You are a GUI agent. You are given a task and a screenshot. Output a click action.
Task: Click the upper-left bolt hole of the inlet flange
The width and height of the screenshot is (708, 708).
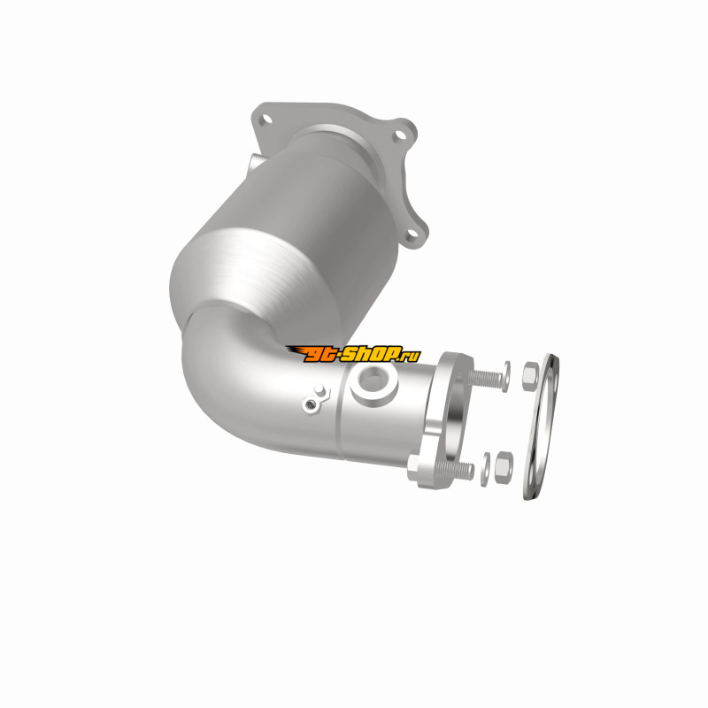tap(267, 119)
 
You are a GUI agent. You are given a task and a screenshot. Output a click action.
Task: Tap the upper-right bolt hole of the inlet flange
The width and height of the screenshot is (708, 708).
tap(398, 135)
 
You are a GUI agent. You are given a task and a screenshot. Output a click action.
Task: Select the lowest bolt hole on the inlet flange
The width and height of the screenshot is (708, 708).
tap(412, 234)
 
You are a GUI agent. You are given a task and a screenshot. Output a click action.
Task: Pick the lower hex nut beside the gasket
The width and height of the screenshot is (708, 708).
tap(503, 467)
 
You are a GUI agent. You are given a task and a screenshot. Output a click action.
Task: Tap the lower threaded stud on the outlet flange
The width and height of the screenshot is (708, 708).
tap(455, 470)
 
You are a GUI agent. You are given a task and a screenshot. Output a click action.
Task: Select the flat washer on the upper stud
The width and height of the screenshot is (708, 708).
tap(506, 377)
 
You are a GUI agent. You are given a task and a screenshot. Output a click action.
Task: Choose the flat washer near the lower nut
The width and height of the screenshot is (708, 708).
tap(484, 470)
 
